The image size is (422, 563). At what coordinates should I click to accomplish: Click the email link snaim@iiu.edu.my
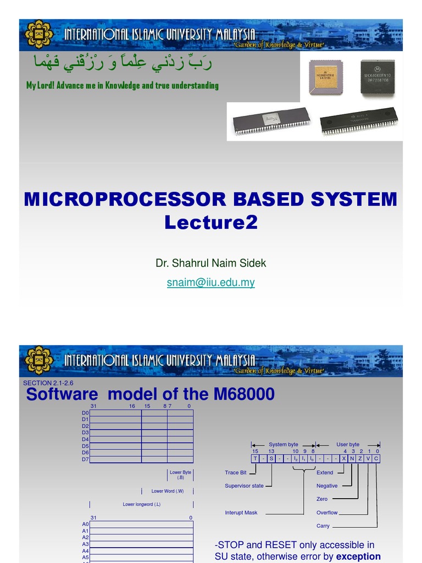tap(210, 283)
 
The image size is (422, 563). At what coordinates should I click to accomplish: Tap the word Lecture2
tap(210, 223)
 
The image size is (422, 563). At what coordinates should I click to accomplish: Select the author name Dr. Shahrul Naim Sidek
tap(210, 263)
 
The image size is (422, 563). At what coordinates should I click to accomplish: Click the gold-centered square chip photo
tap(325, 78)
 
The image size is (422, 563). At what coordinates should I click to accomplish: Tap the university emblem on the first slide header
tap(39, 35)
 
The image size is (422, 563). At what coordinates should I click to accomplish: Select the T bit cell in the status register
tap(255, 459)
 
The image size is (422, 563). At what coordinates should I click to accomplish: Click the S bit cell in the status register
tap(271, 459)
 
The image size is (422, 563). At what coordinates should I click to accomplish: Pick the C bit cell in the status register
tap(376, 459)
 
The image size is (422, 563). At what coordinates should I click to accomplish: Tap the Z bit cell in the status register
tap(360, 459)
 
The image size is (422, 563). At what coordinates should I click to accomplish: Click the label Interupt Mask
tap(241, 513)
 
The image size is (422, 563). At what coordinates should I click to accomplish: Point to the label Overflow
tap(327, 513)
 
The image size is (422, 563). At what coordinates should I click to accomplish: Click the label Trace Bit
tap(236, 473)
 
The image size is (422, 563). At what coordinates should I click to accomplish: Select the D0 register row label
tap(85, 413)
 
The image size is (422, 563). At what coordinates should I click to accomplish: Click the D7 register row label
tap(85, 459)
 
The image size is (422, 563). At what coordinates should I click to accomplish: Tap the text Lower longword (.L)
tap(142, 504)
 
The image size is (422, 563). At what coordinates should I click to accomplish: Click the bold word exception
tap(358, 556)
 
